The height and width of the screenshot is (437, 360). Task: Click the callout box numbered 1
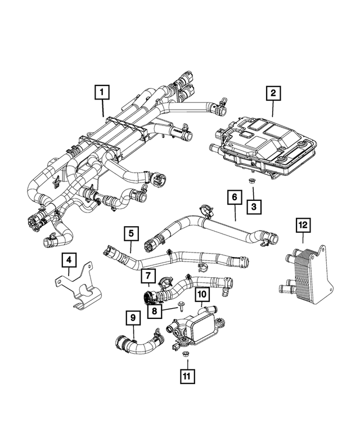[102, 92]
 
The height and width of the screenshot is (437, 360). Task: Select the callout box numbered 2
[273, 93]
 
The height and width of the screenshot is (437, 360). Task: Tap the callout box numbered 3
[254, 207]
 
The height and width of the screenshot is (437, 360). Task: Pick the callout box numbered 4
[69, 260]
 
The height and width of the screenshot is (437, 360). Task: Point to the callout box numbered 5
[132, 233]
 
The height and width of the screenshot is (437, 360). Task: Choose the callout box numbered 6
[235, 197]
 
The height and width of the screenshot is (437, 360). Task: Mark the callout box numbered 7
[148, 276]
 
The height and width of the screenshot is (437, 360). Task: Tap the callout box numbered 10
[202, 294]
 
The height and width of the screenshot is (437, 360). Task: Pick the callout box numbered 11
[187, 376]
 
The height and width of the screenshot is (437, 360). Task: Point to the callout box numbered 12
[303, 225]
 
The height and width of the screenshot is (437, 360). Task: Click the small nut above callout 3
[252, 181]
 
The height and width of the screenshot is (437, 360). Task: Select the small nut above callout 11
[184, 354]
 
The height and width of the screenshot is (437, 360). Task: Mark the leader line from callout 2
[273, 109]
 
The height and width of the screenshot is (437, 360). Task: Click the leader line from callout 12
[303, 238]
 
